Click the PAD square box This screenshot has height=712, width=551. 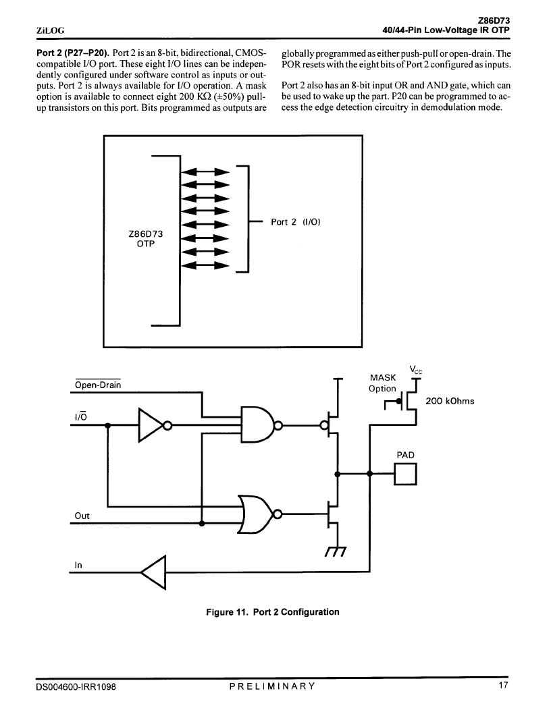(405, 474)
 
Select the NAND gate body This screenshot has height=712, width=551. (257, 425)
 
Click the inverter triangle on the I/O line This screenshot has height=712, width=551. (151, 425)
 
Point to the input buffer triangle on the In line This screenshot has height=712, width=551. (153, 572)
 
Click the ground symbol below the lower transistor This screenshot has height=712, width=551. (336, 550)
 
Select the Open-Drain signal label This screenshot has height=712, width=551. (98, 385)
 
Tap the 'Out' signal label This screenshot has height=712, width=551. (82, 516)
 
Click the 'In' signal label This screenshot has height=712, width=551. (78, 565)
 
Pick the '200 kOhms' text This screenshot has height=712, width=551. (450, 401)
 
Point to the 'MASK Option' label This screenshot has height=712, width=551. (382, 383)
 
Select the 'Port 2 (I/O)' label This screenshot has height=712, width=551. (296, 222)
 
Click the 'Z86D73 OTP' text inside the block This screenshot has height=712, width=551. (146, 238)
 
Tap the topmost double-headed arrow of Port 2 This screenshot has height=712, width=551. (205, 171)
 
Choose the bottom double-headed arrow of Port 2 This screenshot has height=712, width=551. (205, 265)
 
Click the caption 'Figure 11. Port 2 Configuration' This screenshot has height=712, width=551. (273, 611)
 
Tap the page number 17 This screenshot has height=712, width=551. (503, 685)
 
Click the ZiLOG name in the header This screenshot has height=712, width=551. (51, 30)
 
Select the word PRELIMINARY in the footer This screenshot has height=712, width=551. (272, 686)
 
